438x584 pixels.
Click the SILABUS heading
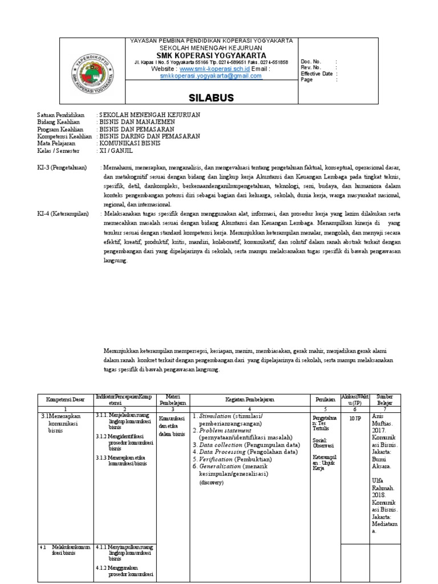(x=211, y=98)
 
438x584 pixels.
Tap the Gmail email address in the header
(x=210, y=75)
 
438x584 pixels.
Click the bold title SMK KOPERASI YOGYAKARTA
(x=211, y=55)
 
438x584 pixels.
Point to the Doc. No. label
(x=311, y=62)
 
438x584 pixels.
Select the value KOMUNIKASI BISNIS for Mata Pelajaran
(x=130, y=144)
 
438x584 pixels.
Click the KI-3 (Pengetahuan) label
(x=62, y=168)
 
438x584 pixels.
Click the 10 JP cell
(x=355, y=418)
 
